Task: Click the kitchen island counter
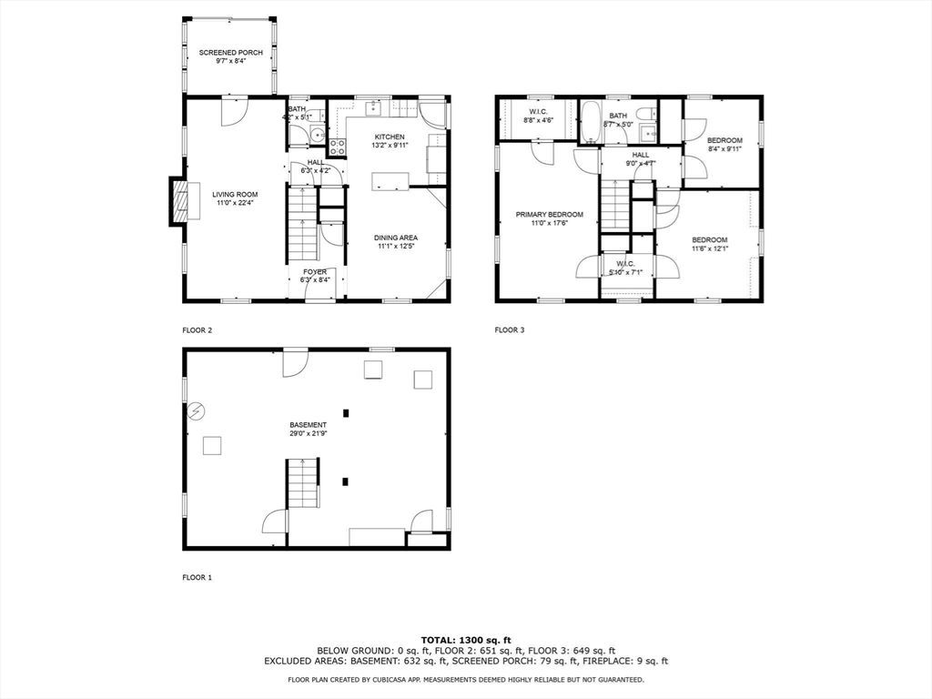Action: (390, 181)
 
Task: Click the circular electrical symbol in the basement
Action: (196, 411)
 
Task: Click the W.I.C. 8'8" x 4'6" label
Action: (537, 116)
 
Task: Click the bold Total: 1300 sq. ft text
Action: (465, 639)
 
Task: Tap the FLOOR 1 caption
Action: (197, 577)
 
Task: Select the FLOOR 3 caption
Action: (510, 330)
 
